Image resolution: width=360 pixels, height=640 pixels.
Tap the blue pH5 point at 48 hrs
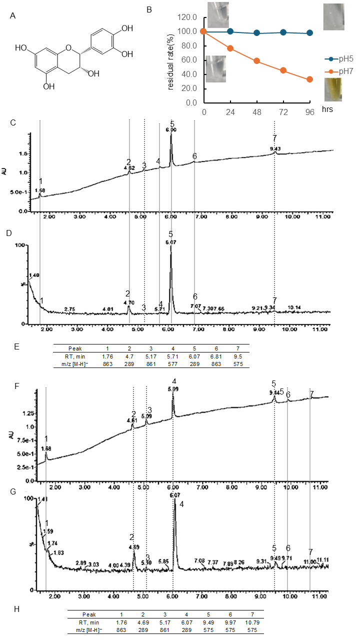[x=256, y=33]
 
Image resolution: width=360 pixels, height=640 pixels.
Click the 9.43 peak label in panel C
[x=275, y=148]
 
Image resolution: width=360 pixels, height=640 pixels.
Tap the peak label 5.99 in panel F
[x=173, y=388]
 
